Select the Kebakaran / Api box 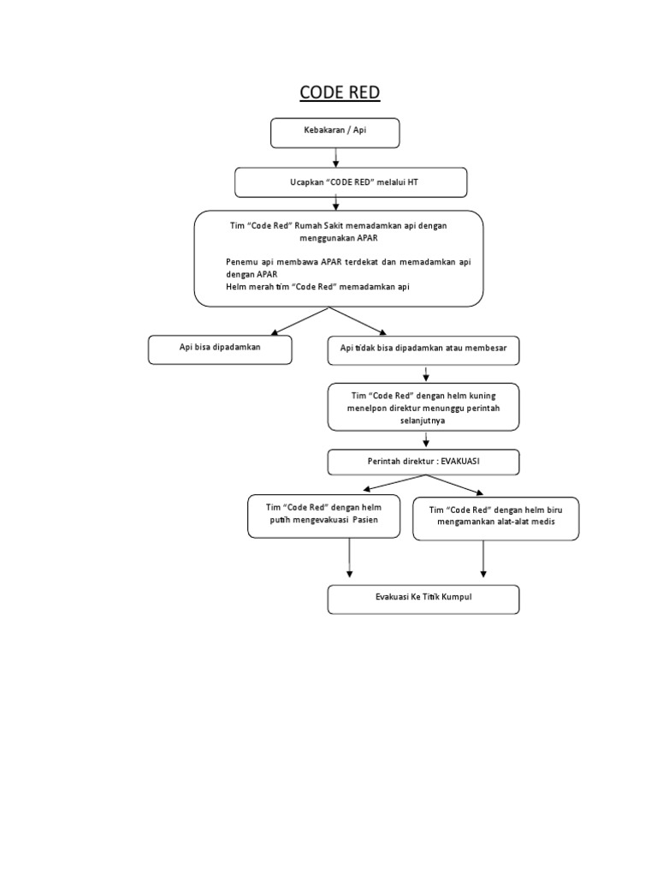pos(334,132)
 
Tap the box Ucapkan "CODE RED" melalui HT pos(351,182)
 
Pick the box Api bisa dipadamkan pos(220,349)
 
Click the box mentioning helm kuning pos(423,408)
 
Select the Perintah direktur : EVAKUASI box pos(423,462)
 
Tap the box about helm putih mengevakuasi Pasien pos(323,516)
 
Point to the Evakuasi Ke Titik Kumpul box pos(423,599)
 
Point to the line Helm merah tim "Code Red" pos(317,287)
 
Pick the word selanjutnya pos(423,421)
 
